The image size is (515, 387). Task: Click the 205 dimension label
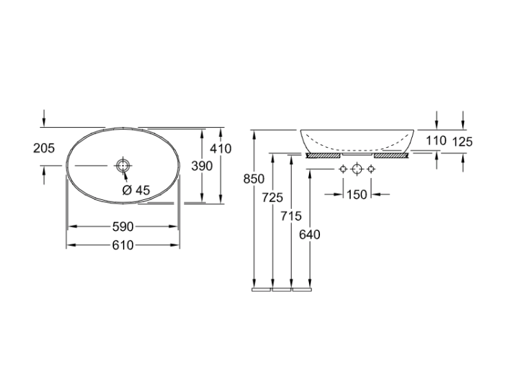[44, 148]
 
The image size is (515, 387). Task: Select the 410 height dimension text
[220, 148]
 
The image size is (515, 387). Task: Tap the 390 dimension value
[202, 166]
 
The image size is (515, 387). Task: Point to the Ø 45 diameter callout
[136, 190]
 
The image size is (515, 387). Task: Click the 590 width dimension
[123, 227]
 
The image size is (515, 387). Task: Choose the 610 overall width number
[123, 245]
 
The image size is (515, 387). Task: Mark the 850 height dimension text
[253, 179]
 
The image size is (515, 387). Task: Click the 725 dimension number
[273, 197]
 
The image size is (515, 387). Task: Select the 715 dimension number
[291, 216]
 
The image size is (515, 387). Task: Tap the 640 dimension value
[310, 235]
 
